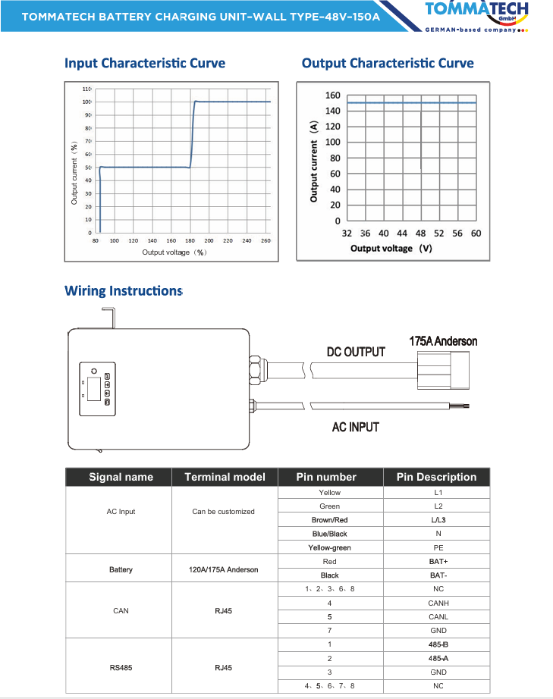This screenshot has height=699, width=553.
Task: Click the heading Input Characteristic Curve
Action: coord(145,63)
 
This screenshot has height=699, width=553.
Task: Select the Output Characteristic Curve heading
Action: coord(388,63)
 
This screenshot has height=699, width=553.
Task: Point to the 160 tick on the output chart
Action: coord(332,96)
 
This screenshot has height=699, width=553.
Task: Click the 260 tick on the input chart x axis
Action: coord(266,240)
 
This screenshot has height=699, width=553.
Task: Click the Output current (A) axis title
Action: coord(313,161)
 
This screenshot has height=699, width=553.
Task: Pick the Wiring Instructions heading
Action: coord(124,290)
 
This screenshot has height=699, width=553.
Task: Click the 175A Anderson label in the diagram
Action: coord(443,341)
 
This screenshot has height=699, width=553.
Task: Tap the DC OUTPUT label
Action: coord(356,352)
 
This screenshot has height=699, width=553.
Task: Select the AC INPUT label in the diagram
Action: coord(356,428)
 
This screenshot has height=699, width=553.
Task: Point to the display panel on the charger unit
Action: coord(96,390)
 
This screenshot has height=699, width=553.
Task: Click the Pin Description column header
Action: coord(436,477)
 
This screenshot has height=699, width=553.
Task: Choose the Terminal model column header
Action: coord(225,477)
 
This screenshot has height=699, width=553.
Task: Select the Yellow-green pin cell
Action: coord(330,547)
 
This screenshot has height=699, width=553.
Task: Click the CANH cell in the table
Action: coord(438,603)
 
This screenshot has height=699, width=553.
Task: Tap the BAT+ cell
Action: coord(438,562)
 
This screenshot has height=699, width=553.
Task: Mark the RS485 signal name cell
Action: coord(121,668)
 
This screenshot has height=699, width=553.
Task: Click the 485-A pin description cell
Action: coord(438,658)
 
